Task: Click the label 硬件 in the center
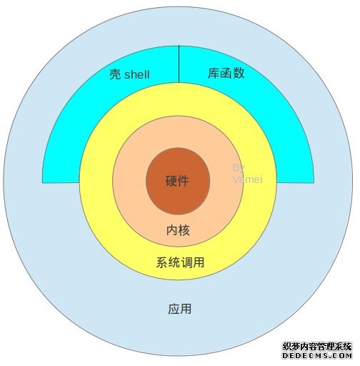click(x=177, y=181)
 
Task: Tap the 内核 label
click(x=178, y=230)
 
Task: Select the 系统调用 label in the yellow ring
click(x=180, y=262)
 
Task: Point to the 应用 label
click(x=180, y=309)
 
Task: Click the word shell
click(x=137, y=74)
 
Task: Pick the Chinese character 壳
click(x=115, y=74)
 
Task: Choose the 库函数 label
click(x=226, y=73)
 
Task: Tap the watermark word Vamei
click(x=248, y=179)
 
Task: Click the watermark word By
click(x=239, y=168)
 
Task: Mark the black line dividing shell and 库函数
click(x=179, y=64)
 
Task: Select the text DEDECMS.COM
click(x=317, y=356)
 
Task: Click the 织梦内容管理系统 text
click(x=317, y=347)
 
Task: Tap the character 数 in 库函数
click(x=239, y=73)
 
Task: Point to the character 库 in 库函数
click(x=214, y=73)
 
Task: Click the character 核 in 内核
click(x=184, y=230)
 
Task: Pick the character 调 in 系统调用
click(x=186, y=262)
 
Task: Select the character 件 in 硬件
click(x=184, y=181)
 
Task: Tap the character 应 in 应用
click(x=174, y=309)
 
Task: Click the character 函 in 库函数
click(x=226, y=73)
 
